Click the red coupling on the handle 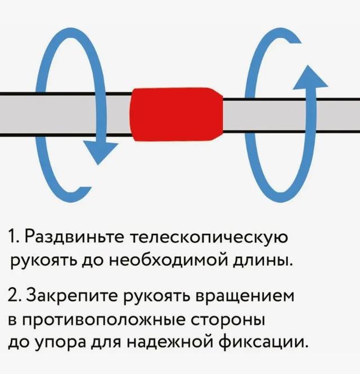[x=176, y=114]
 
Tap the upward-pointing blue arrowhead [x=310, y=78]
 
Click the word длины [x=262, y=262]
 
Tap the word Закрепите [x=72, y=296]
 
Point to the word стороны [x=228, y=320]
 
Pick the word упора [x=61, y=343]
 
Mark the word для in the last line [x=106, y=343]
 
